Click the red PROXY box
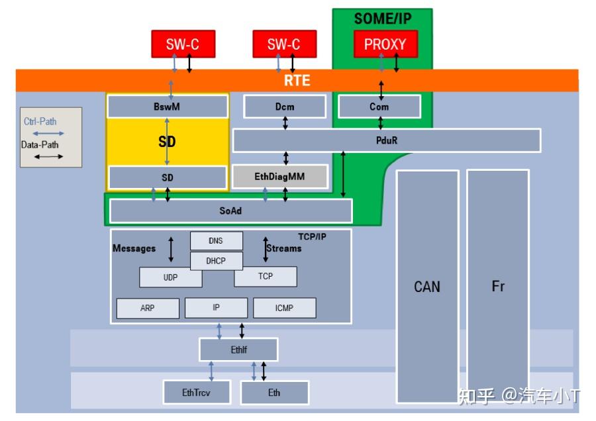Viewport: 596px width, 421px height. point(385,45)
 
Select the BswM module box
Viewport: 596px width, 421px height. point(168,107)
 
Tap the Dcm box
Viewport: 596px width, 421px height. point(285,107)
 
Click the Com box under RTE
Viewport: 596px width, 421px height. point(379,107)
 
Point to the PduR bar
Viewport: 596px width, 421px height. point(386,140)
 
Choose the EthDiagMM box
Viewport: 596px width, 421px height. point(279,177)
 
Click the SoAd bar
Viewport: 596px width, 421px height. point(230,210)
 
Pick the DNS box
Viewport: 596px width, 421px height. point(216,241)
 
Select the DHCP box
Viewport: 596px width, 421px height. point(216,261)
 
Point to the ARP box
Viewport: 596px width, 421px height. point(148,308)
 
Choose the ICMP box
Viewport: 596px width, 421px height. point(285,308)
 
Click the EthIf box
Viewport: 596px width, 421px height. point(239,350)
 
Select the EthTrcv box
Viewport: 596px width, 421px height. point(197,393)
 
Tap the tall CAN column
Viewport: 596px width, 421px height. point(427,286)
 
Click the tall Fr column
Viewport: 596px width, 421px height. point(498,286)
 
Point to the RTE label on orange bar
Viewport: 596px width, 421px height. point(297,81)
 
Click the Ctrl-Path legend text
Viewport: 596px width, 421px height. point(40,122)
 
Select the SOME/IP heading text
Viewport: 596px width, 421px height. point(383,19)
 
